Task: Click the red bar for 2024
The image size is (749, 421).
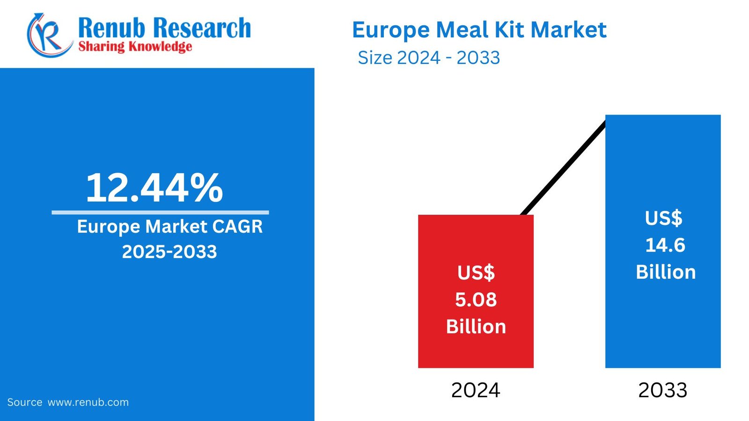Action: (476, 243)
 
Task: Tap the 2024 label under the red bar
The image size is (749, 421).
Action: (476, 390)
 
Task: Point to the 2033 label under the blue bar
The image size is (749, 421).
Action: (663, 390)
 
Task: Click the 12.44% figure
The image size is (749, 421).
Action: (154, 188)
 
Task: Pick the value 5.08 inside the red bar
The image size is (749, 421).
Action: (476, 299)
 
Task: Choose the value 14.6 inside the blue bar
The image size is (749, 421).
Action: (665, 245)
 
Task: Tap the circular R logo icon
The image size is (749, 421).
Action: (48, 35)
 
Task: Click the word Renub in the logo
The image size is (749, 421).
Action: (111, 28)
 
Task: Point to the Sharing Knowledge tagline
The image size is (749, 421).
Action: (135, 46)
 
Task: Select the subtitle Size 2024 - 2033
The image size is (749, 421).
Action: (429, 58)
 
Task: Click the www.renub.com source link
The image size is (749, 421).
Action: (88, 402)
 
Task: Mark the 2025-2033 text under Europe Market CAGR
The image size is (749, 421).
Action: (169, 252)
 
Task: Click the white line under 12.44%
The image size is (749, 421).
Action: (160, 212)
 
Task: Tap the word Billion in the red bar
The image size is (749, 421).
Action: (476, 327)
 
